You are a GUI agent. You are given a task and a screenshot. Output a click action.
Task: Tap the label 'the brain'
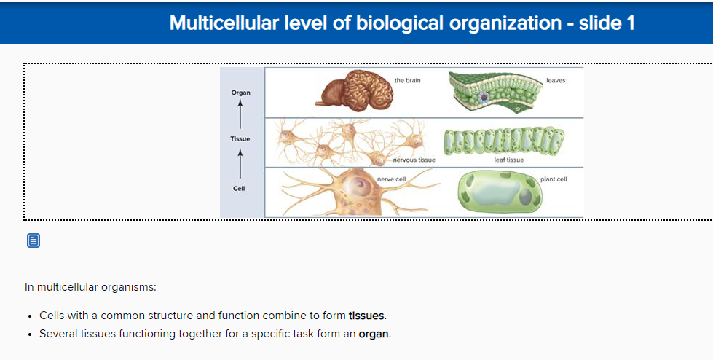[407, 80]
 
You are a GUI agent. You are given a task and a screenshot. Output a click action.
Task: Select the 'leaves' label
[555, 80]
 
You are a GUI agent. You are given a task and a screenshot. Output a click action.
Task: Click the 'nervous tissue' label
[414, 160]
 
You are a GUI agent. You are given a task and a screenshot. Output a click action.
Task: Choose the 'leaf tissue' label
[508, 160]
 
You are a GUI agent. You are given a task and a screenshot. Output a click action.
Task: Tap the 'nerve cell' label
[391, 179]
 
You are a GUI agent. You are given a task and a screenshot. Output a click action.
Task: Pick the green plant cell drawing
[501, 193]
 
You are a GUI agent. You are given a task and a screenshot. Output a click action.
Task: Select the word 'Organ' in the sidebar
[240, 93]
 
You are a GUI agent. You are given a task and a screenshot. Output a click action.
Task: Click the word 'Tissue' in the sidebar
[240, 138]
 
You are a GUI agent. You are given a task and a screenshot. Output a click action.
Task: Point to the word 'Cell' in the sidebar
[239, 189]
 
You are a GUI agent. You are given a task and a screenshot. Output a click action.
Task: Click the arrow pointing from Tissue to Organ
[240, 114]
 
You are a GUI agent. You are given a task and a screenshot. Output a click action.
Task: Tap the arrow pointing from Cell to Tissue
[240, 163]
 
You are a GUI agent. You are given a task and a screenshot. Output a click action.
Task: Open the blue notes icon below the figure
[34, 240]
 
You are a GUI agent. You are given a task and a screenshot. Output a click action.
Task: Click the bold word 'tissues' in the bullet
[366, 316]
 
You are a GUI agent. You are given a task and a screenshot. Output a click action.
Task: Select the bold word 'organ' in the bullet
[374, 334]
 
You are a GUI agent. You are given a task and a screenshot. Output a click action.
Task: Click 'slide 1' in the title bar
[607, 23]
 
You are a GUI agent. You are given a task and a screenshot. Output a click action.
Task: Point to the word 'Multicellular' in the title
[222, 23]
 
